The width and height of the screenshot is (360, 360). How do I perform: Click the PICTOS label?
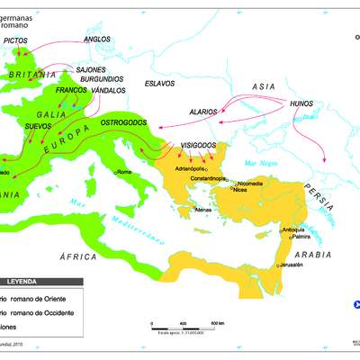16,40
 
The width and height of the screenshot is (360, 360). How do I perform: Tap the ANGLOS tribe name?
96,40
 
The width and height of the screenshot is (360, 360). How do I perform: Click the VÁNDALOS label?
107,90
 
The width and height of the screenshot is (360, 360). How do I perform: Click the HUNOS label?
301,104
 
